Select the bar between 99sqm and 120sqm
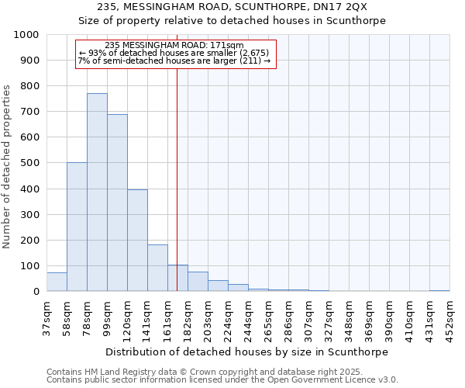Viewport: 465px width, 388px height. [x=117, y=203]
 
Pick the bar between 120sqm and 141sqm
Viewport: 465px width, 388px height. [x=137, y=241]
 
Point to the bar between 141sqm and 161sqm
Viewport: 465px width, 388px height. [x=157, y=268]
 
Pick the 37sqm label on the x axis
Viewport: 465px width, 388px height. [x=46, y=315]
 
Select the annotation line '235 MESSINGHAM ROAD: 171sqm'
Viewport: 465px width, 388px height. [x=174, y=45]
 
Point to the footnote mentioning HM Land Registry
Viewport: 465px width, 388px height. [x=221, y=372]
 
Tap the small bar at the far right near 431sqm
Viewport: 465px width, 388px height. [x=439, y=290]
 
